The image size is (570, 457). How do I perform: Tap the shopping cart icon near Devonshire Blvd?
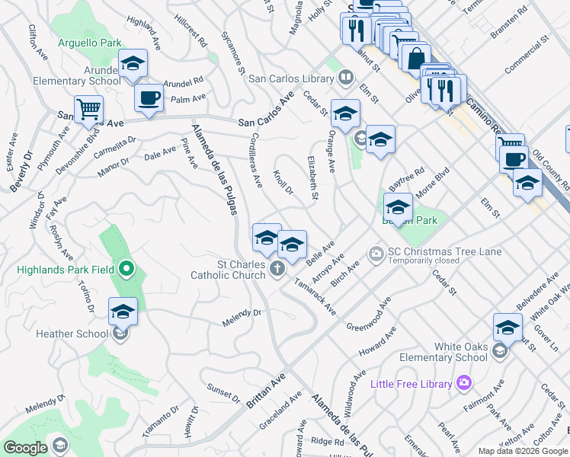point(88,109)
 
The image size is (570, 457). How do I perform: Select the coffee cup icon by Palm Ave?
point(149,97)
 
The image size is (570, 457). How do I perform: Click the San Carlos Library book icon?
point(346,77)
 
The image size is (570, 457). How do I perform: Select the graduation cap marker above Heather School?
point(123,311)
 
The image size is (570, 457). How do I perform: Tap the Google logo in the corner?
point(24,448)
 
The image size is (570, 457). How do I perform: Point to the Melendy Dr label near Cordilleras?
point(242,318)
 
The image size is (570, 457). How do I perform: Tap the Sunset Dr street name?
point(223,391)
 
